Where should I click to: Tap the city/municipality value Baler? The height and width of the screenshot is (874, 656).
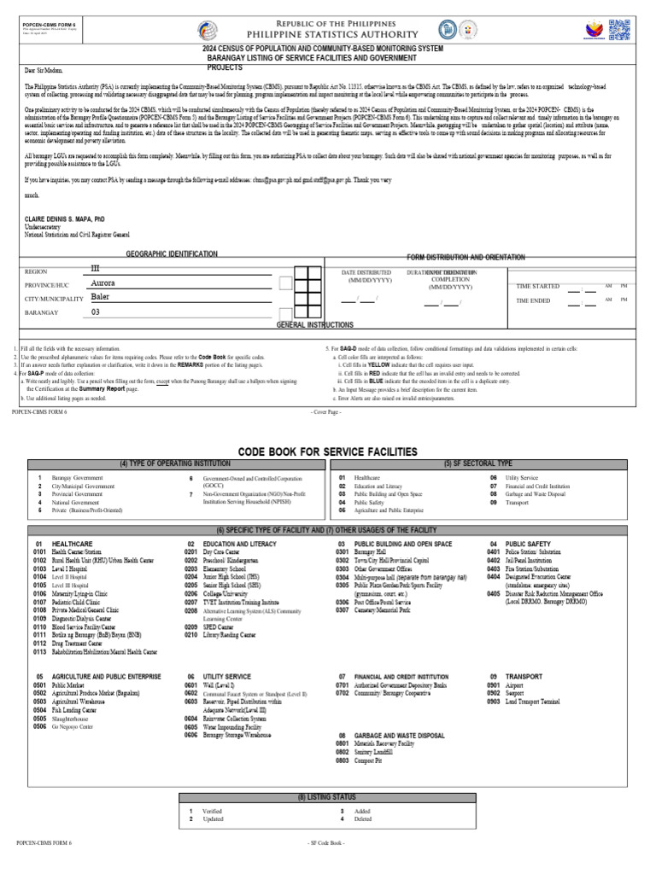[x=100, y=297]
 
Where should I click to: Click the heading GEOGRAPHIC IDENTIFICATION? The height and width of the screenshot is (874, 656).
[x=172, y=254]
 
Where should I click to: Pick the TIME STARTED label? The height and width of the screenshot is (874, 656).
[x=538, y=287]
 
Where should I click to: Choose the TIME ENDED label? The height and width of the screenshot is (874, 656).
[x=534, y=300]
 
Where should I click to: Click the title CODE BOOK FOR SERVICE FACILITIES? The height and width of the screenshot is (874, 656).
[x=327, y=451]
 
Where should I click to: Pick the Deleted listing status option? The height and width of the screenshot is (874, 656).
[x=361, y=819]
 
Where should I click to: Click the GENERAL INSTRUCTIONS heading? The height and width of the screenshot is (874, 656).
[x=314, y=325]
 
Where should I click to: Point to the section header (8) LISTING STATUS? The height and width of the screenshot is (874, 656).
[x=327, y=796]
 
